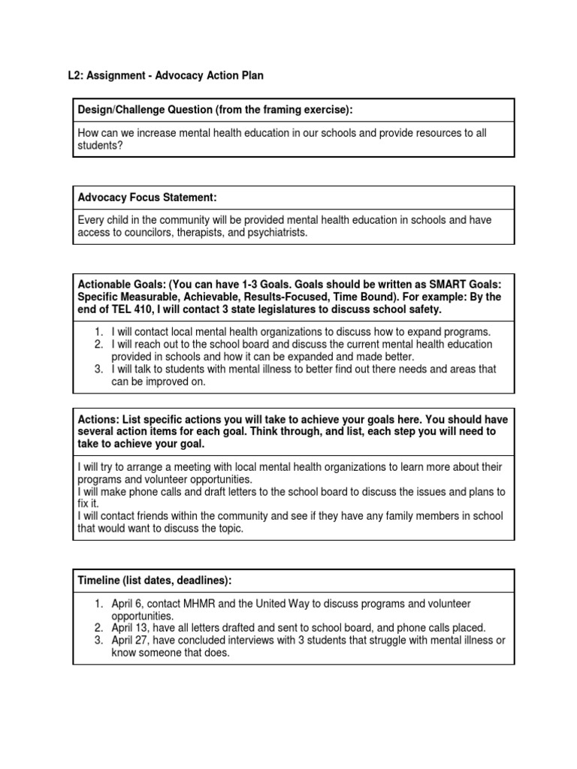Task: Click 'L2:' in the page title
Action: coord(77,76)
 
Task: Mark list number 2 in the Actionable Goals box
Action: coord(99,344)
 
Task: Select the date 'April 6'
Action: coord(128,603)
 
